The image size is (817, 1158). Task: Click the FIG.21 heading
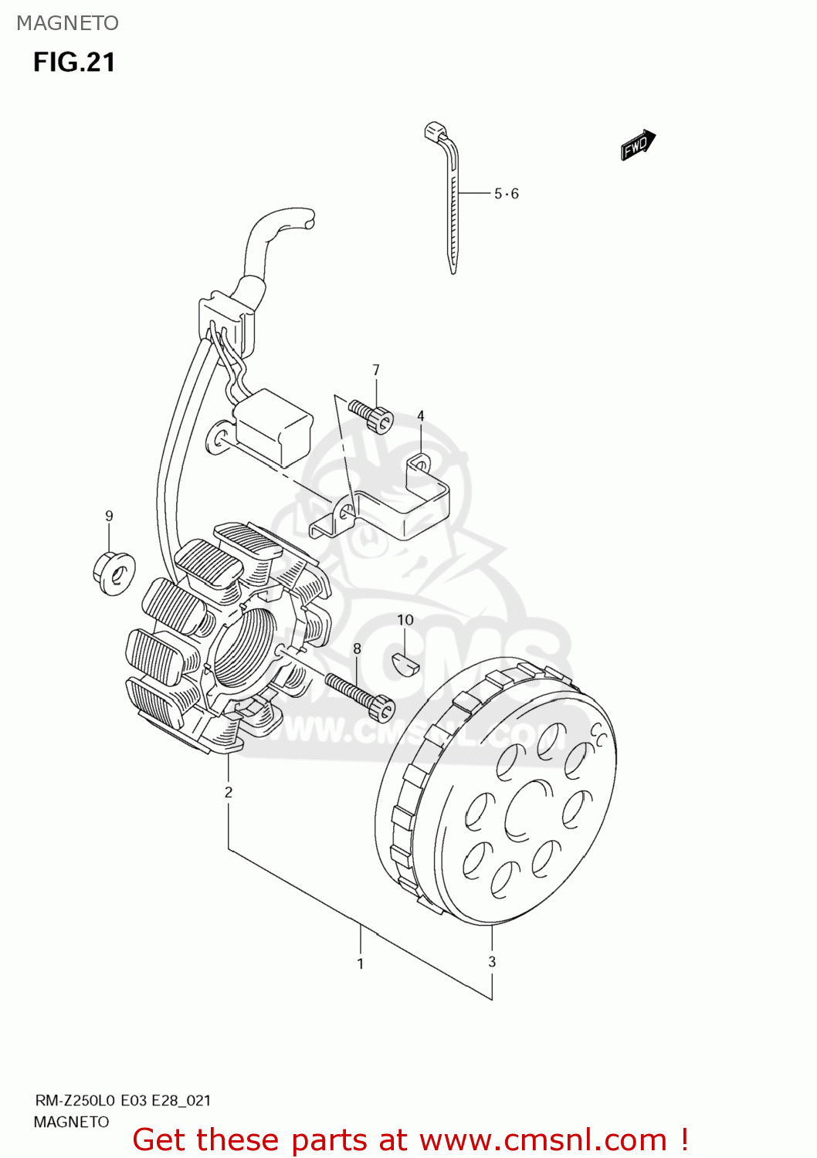(74, 63)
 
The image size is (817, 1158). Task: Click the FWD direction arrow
(638, 144)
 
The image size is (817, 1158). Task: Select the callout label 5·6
(507, 194)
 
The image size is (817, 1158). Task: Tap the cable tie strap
(453, 208)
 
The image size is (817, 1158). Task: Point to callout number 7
(376, 370)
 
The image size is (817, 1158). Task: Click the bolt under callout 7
(371, 415)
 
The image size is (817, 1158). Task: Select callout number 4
(421, 415)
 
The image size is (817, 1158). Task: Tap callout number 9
(109, 516)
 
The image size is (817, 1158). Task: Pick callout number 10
(405, 620)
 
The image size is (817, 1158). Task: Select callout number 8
(357, 648)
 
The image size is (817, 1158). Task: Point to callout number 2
(229, 791)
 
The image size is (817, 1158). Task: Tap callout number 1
(360, 963)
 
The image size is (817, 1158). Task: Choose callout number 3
(492, 961)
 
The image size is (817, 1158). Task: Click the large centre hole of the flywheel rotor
(528, 811)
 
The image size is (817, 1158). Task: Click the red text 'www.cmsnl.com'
(544, 1139)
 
